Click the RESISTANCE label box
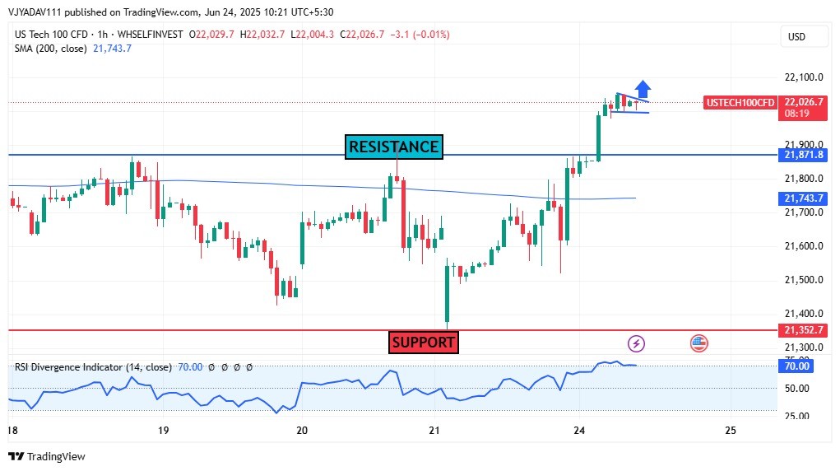pyautogui.click(x=394, y=147)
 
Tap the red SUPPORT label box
pyautogui.click(x=423, y=342)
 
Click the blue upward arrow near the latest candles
pyautogui.click(x=643, y=88)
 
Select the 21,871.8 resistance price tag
pyautogui.click(x=804, y=155)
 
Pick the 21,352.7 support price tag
pyautogui.click(x=804, y=330)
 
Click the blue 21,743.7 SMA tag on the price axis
pyautogui.click(x=804, y=198)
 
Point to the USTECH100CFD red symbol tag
pyautogui.click(x=740, y=102)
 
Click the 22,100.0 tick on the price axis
pyautogui.click(x=804, y=77)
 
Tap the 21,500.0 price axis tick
pyautogui.click(x=804, y=280)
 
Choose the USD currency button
pyautogui.click(x=796, y=36)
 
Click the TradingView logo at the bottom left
pyautogui.click(x=47, y=456)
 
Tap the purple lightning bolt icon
pyautogui.click(x=636, y=343)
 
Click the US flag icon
pyautogui.click(x=699, y=343)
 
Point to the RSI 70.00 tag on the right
pyautogui.click(x=796, y=366)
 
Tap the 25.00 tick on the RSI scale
pyautogui.click(x=796, y=414)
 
